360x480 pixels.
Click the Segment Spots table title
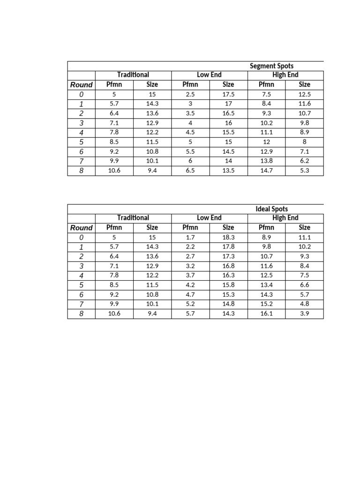(x=271, y=66)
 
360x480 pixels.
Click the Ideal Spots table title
(x=272, y=209)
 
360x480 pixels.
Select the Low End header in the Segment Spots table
(x=209, y=75)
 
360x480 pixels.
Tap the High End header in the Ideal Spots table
(x=285, y=218)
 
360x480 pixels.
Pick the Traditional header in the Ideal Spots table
(x=133, y=218)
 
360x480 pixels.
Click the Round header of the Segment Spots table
(x=81, y=85)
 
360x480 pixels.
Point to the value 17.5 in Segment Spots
(x=228, y=94)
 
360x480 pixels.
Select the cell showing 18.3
(x=228, y=237)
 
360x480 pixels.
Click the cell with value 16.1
(x=266, y=314)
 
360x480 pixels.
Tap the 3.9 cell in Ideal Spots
(x=304, y=314)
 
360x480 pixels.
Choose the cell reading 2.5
(x=190, y=94)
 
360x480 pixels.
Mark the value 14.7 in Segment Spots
(x=266, y=171)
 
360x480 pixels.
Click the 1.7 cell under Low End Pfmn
(x=190, y=237)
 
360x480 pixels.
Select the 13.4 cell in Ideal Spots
(x=266, y=285)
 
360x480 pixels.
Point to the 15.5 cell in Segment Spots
(x=228, y=133)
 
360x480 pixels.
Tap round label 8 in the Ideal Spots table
(x=81, y=314)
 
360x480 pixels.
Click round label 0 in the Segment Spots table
(x=81, y=94)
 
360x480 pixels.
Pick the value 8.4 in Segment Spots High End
(x=266, y=104)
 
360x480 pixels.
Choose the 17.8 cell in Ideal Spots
(x=228, y=247)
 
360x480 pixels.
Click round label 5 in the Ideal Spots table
(x=81, y=285)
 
